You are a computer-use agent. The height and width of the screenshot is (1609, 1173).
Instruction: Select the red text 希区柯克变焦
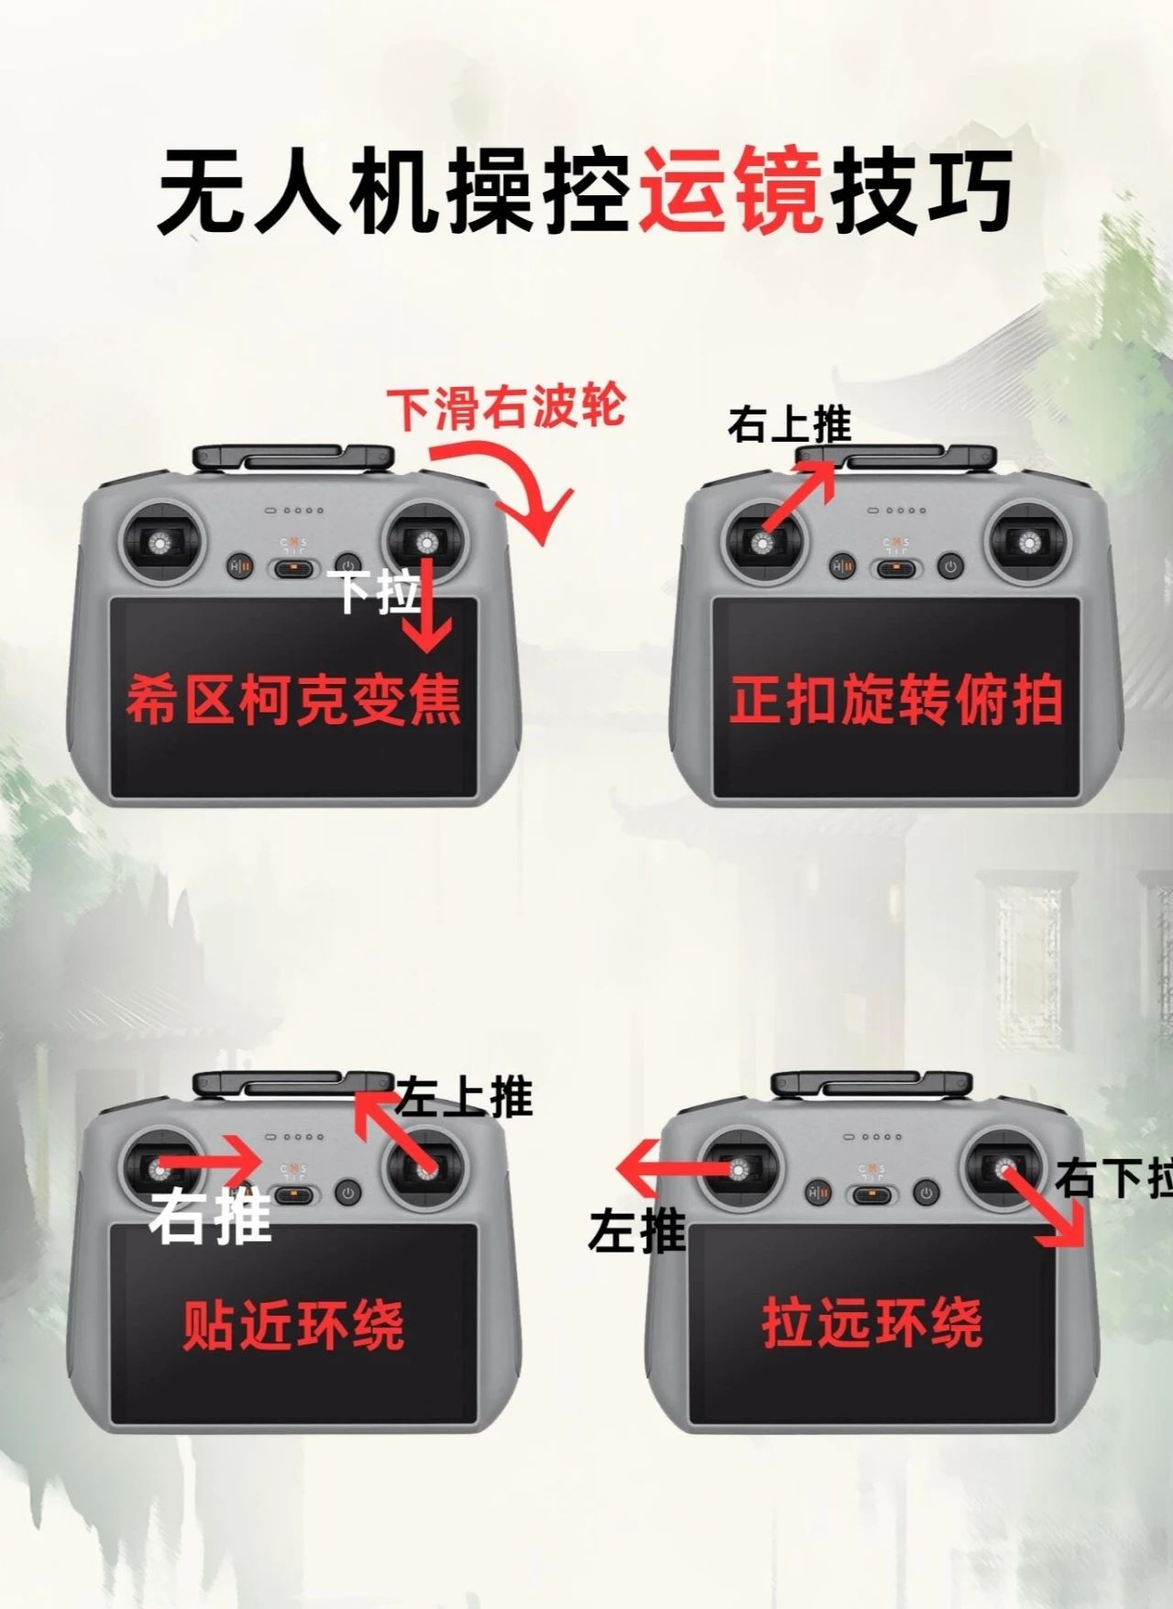click(x=293, y=700)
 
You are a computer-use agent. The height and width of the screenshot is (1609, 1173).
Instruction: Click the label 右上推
click(x=789, y=424)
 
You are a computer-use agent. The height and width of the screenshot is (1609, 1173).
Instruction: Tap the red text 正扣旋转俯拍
click(x=896, y=700)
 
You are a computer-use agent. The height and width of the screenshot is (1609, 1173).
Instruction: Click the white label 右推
click(x=211, y=1215)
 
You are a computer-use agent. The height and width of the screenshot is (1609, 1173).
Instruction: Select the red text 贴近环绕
click(x=293, y=1325)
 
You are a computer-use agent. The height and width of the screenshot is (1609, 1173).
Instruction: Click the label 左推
click(x=637, y=1229)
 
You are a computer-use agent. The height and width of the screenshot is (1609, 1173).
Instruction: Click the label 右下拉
click(x=1113, y=1177)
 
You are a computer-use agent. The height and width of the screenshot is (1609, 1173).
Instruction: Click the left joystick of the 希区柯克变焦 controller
click(x=162, y=544)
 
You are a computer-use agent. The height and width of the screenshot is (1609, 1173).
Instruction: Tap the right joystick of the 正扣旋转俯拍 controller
click(x=1030, y=544)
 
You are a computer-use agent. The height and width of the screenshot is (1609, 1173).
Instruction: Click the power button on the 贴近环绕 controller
click(x=347, y=1193)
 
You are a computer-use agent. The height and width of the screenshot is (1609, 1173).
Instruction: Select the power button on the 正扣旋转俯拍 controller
click(x=950, y=567)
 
